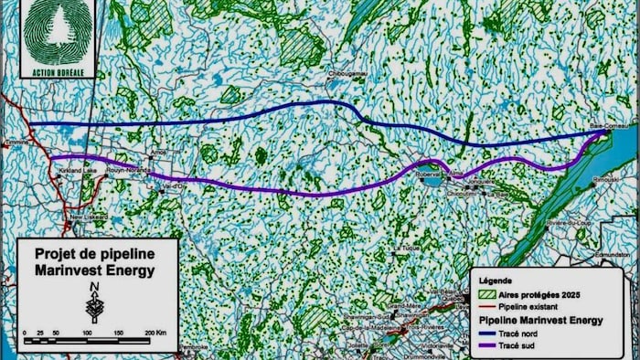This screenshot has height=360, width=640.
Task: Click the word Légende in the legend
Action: [494, 281]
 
